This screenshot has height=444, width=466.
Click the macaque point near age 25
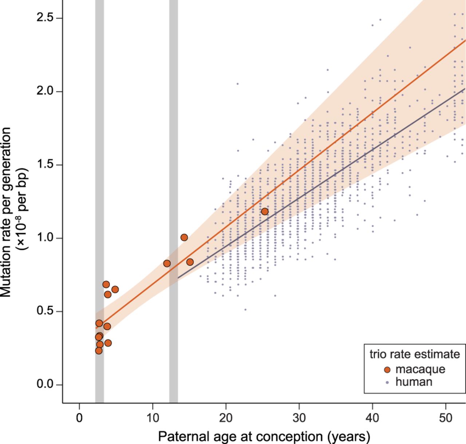coord(265,212)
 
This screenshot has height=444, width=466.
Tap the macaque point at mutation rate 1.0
coord(184,237)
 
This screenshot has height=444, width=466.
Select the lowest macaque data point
coord(99,350)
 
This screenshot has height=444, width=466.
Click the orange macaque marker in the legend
coord(387,370)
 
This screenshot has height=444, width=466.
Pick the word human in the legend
coord(414,382)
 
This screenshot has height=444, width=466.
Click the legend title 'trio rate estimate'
coord(415,354)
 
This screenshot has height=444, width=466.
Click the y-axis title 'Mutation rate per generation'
coord(6,211)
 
